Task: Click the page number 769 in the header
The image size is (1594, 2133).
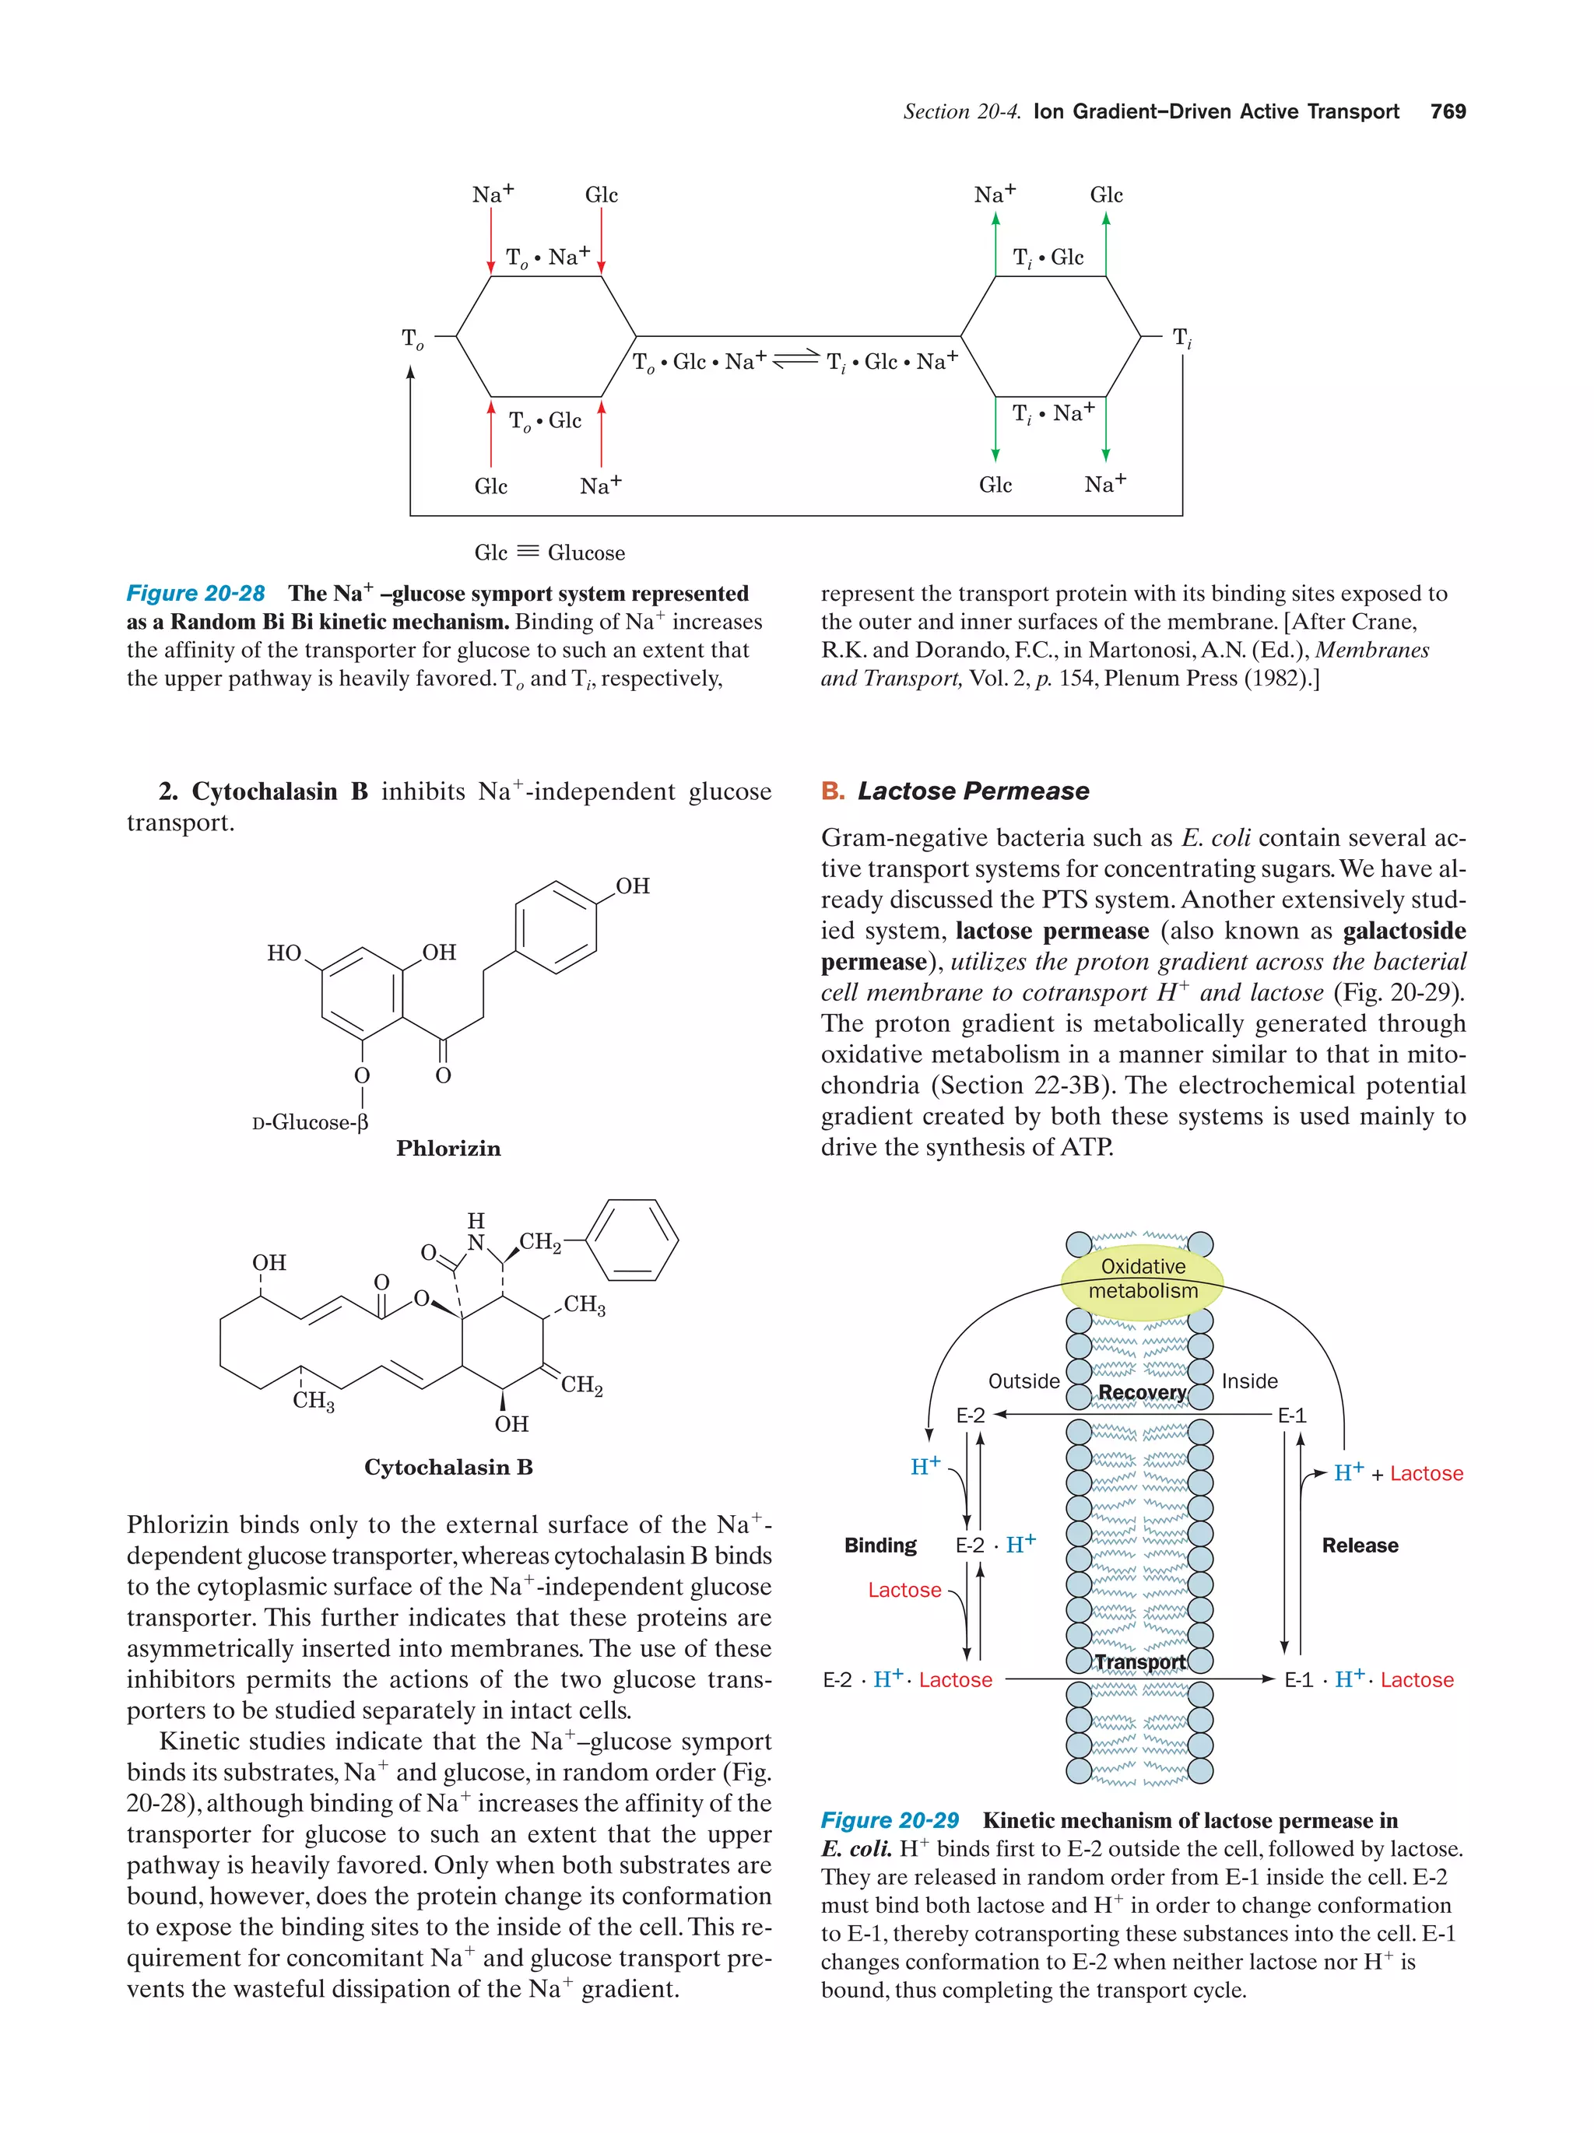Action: click(x=1448, y=112)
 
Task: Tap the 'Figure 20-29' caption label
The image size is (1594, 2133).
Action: click(x=889, y=1819)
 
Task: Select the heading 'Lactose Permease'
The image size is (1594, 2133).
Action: click(x=973, y=791)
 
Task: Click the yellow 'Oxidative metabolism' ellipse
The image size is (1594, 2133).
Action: click(x=1143, y=1279)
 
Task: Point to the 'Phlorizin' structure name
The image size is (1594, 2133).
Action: click(x=448, y=1149)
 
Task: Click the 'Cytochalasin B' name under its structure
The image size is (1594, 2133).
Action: click(x=448, y=1467)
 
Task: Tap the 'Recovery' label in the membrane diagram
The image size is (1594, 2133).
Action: click(x=1142, y=1392)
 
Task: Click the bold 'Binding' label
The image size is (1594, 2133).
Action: click(x=880, y=1545)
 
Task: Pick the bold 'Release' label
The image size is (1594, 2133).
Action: click(x=1360, y=1545)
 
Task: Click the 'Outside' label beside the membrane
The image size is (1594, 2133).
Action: click(x=1023, y=1380)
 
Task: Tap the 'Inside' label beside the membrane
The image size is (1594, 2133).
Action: click(x=1250, y=1380)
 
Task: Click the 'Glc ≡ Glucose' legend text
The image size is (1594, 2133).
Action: click(x=549, y=553)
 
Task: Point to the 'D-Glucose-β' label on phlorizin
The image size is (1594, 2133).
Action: click(x=311, y=1122)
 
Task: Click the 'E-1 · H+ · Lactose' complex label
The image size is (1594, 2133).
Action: click(x=1368, y=1679)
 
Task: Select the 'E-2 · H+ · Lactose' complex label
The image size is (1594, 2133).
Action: click(x=908, y=1679)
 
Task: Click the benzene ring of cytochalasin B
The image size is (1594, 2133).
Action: click(x=632, y=1239)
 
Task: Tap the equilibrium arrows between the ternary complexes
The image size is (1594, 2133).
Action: click(x=796, y=358)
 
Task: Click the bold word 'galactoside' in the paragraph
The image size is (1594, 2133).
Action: click(x=1404, y=931)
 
